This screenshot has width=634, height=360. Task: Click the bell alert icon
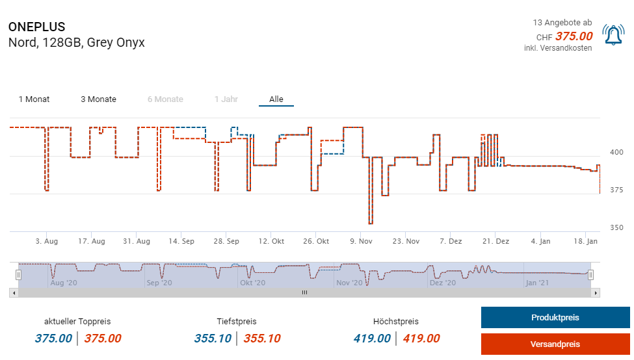(x=613, y=35)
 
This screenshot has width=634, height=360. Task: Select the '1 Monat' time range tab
(x=34, y=99)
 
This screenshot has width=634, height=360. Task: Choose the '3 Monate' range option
(x=98, y=99)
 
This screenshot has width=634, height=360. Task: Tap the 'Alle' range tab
(x=276, y=99)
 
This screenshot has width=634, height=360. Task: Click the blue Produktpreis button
(x=555, y=318)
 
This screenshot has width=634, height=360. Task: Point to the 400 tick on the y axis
(x=616, y=152)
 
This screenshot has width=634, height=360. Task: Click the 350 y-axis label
(x=616, y=227)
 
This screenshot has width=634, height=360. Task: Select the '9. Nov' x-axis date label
(x=361, y=241)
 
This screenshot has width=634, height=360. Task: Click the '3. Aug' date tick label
(x=47, y=241)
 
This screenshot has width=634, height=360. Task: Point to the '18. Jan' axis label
(x=586, y=241)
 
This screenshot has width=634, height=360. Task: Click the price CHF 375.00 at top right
(x=574, y=36)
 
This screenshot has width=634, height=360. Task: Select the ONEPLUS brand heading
(x=37, y=27)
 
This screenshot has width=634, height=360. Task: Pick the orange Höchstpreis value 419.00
(x=421, y=339)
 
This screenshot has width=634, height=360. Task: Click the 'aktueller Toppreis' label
(x=77, y=322)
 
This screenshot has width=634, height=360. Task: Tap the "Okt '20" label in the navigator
(x=252, y=283)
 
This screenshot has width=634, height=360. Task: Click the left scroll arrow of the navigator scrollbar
(x=13, y=293)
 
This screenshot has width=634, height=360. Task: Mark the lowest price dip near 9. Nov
(x=371, y=224)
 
